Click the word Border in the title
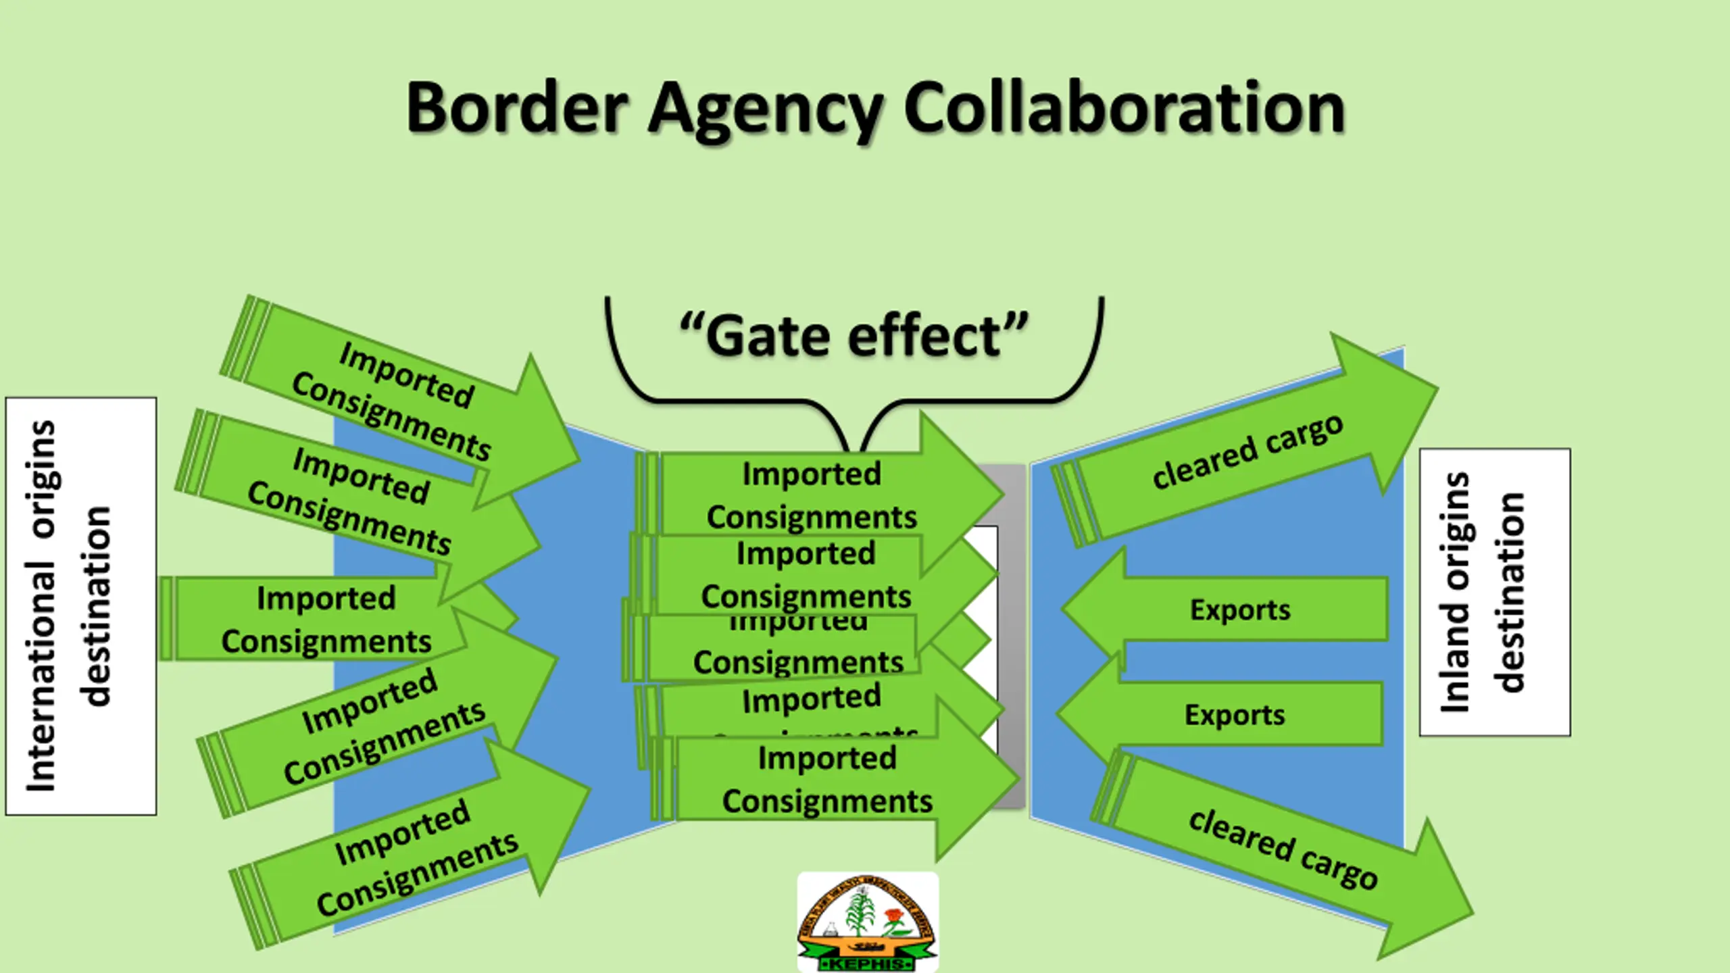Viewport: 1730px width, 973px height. pos(517,108)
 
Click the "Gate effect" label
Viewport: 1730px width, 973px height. pos(854,336)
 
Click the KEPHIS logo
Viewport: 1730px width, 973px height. pos(868,922)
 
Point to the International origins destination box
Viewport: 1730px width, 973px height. pos(81,606)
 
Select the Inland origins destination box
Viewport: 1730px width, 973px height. pos(1495,592)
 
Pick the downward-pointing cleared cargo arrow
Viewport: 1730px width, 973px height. pos(1283,850)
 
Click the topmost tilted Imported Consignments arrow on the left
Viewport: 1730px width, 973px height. pos(405,399)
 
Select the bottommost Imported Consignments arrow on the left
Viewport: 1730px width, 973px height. pos(419,858)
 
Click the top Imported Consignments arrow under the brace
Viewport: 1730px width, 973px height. pos(811,495)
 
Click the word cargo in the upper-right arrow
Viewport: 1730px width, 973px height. pos(1304,436)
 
